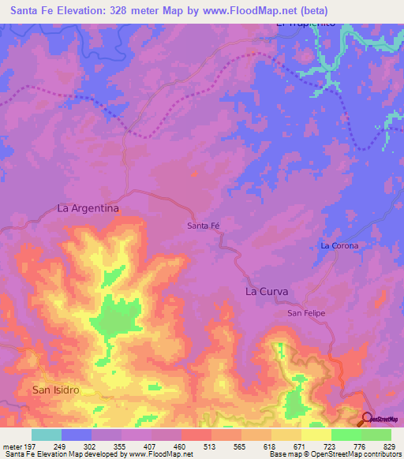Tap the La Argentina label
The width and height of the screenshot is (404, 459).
(x=88, y=208)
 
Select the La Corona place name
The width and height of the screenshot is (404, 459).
(x=339, y=245)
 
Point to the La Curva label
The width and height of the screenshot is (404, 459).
(x=266, y=291)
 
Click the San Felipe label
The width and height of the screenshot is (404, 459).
(x=305, y=313)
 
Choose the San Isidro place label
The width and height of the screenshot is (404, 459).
(x=56, y=390)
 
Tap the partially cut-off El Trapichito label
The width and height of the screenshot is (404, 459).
(x=306, y=24)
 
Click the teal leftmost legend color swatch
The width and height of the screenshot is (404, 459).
(x=47, y=435)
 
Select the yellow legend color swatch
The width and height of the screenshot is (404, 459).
(x=316, y=435)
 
